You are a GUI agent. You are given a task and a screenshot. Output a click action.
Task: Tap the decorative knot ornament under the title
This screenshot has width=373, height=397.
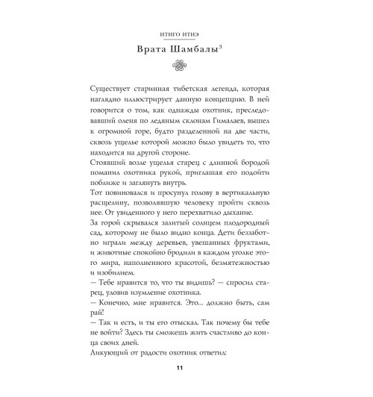(x=186, y=66)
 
